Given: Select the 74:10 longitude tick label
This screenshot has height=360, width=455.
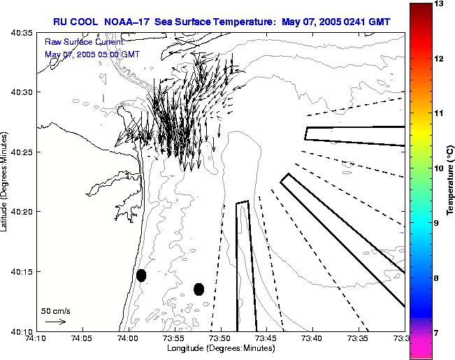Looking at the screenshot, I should [x=36, y=338].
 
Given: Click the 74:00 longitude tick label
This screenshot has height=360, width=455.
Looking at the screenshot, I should [x=128, y=338].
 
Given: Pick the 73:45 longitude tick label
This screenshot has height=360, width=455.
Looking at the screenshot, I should [x=266, y=338].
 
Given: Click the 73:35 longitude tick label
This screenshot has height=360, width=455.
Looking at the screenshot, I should [x=358, y=338].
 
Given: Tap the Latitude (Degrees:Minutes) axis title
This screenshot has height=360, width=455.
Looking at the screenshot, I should [x=6, y=181].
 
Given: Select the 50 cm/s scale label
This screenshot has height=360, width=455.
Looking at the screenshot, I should [x=55, y=310].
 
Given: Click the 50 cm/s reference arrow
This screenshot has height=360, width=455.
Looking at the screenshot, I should [x=55, y=322].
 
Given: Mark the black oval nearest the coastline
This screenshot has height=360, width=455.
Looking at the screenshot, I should [x=141, y=275].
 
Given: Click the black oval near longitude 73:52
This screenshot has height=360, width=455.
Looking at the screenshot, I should [x=198, y=289].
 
